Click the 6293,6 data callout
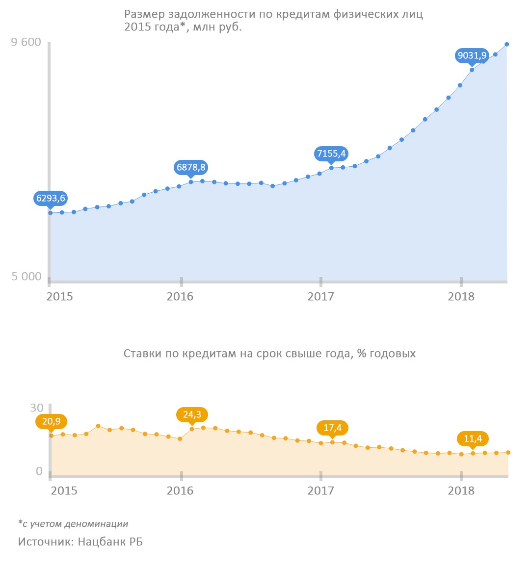pyautogui.click(x=51, y=198)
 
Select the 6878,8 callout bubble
pyautogui.click(x=191, y=167)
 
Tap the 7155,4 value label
pyautogui.click(x=331, y=154)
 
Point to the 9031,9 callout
pyautogui.click(x=472, y=55)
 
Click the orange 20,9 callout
pyautogui.click(x=51, y=421)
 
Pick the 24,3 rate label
pyautogui.click(x=192, y=414)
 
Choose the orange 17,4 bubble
pyautogui.click(x=332, y=428)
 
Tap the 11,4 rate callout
pyautogui.click(x=473, y=438)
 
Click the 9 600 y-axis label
pyautogui.click(x=26, y=42)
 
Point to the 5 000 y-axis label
pyautogui.click(x=26, y=277)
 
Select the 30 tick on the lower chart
pyautogui.click(x=37, y=408)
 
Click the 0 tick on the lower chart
pyautogui.click(x=39, y=471)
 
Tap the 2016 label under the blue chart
pyautogui.click(x=180, y=297)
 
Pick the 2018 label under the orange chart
pyautogui.click(x=461, y=491)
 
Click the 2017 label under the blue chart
pyautogui.click(x=320, y=297)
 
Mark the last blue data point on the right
pyautogui.click(x=507, y=44)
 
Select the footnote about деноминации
pyautogui.click(x=73, y=524)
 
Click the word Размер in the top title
pyautogui.click(x=142, y=14)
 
